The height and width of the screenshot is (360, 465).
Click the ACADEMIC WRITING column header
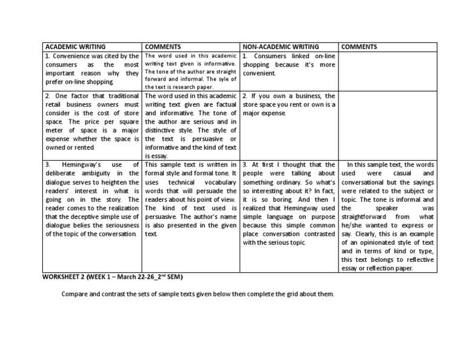74,47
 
